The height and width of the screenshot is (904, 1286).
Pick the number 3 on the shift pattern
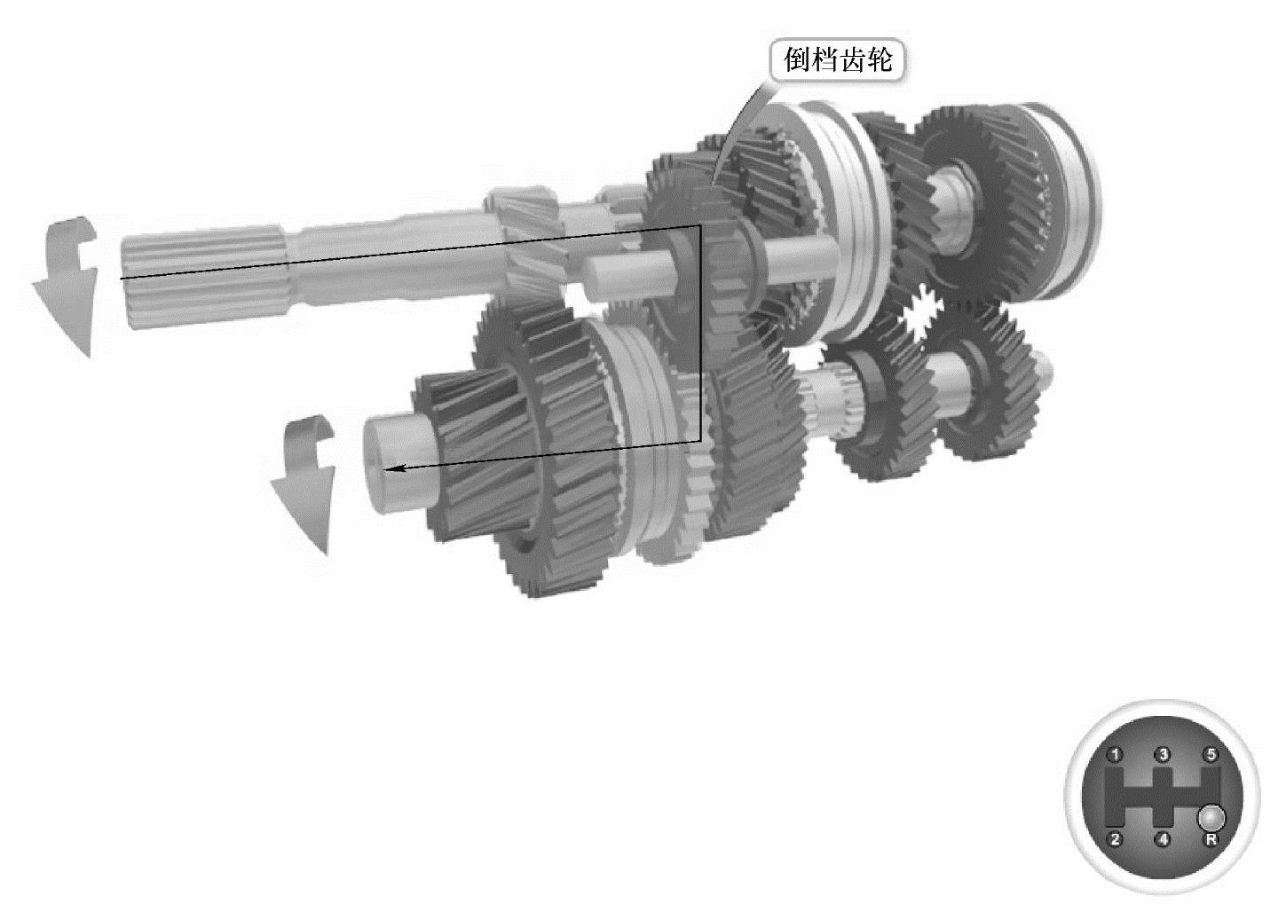pos(1164,754)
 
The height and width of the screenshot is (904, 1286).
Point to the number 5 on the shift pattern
pos(1211,754)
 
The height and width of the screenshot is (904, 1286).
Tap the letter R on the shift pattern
pos(1211,840)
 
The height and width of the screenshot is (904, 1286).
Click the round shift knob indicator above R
pos(1211,817)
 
